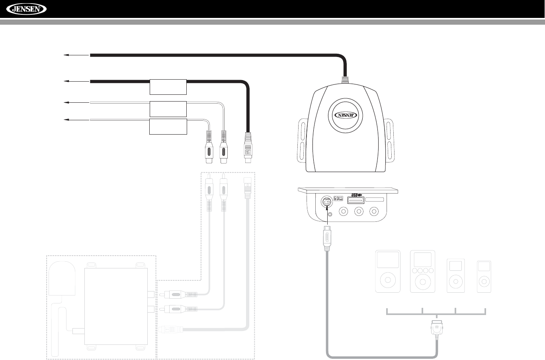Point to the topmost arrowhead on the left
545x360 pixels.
(66, 55)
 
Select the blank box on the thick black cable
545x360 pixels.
(168, 86)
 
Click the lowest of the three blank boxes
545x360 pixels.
(168, 126)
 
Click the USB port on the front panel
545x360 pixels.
(355, 201)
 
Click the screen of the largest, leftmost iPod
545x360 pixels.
(388, 260)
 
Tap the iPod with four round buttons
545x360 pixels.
(422, 271)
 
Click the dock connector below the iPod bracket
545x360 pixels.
(436, 329)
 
